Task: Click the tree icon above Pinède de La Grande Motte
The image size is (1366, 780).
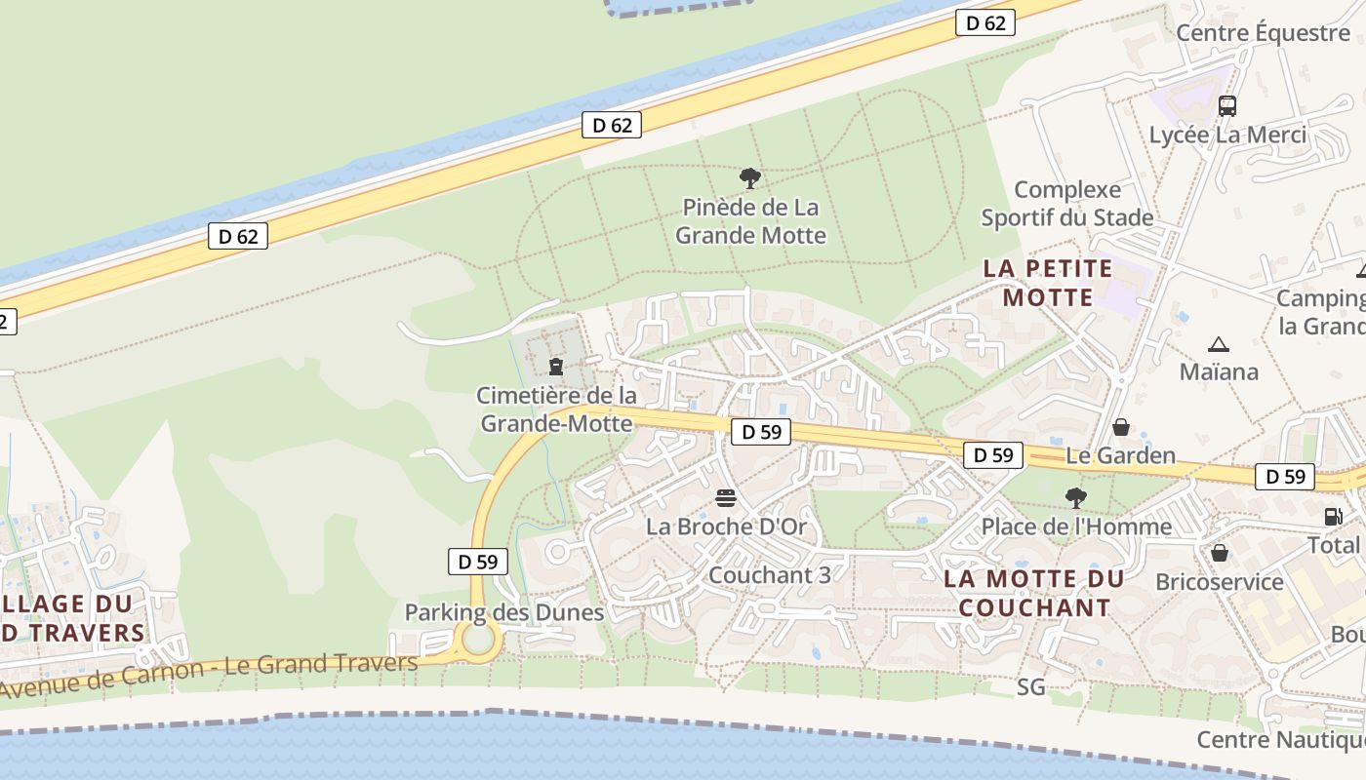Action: coord(749,178)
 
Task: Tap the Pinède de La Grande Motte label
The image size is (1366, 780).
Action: coord(750,221)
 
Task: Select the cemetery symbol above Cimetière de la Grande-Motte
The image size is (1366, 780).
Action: coord(556,367)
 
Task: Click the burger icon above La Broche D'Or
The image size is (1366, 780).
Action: coord(725,498)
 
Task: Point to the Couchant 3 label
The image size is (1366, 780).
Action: coord(770,575)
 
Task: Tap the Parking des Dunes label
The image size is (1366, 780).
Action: coord(504,612)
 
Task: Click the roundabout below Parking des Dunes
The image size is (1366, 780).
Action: coord(478,640)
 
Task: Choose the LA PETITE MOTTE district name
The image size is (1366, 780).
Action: coord(1048,283)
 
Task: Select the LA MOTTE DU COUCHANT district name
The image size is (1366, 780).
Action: coord(1034,593)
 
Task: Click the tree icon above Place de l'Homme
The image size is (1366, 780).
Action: coord(1076,498)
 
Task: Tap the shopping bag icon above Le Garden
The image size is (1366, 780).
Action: coord(1121,427)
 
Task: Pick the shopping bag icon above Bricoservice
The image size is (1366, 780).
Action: coord(1220,554)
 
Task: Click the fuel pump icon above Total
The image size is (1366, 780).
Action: coord(1333,517)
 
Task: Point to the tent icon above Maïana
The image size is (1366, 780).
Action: coord(1218,344)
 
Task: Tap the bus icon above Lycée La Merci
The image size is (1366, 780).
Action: coord(1227,106)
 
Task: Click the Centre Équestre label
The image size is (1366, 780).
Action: coord(1263,33)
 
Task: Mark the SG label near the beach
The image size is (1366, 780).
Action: coord(1030,687)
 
